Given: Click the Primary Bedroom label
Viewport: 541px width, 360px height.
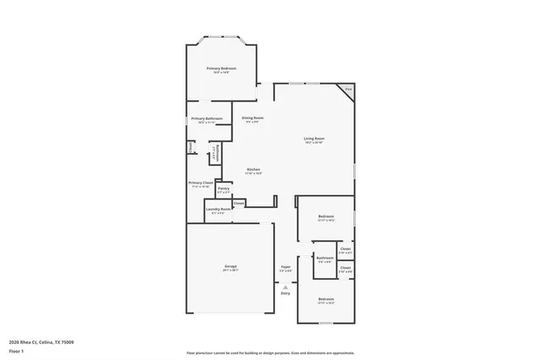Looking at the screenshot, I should tap(221, 68).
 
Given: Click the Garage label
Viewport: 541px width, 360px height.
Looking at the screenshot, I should tap(230, 267).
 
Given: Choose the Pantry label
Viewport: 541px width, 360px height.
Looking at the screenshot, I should tap(223, 188).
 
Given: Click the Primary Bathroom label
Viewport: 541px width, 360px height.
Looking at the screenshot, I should tap(206, 118).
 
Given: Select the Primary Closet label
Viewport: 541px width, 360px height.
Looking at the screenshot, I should tap(201, 183).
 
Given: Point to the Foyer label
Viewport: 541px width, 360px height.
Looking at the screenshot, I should tap(286, 267).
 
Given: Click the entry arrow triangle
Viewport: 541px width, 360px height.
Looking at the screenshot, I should tap(286, 287).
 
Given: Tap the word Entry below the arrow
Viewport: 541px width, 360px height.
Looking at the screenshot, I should tap(286, 293).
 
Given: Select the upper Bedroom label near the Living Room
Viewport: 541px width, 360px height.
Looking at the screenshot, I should tap(326, 217).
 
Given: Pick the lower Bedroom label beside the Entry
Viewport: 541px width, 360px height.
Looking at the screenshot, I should tap(326, 299).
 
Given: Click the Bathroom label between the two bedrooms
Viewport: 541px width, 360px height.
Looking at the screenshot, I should tap(325, 258).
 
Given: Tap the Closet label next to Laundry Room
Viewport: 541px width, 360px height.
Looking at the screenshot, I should tap(239, 203).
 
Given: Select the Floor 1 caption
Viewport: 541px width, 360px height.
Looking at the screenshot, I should tap(18, 351).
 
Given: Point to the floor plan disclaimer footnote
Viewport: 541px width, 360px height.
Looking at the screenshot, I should tap(270, 353).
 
